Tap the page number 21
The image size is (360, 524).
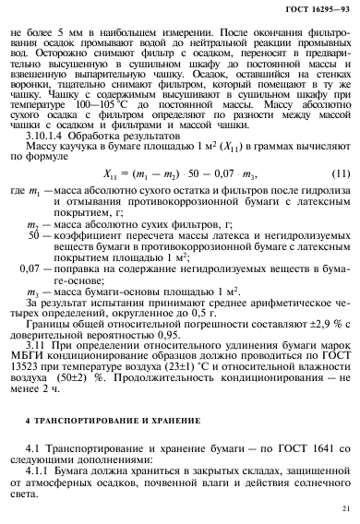coord(346,506)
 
